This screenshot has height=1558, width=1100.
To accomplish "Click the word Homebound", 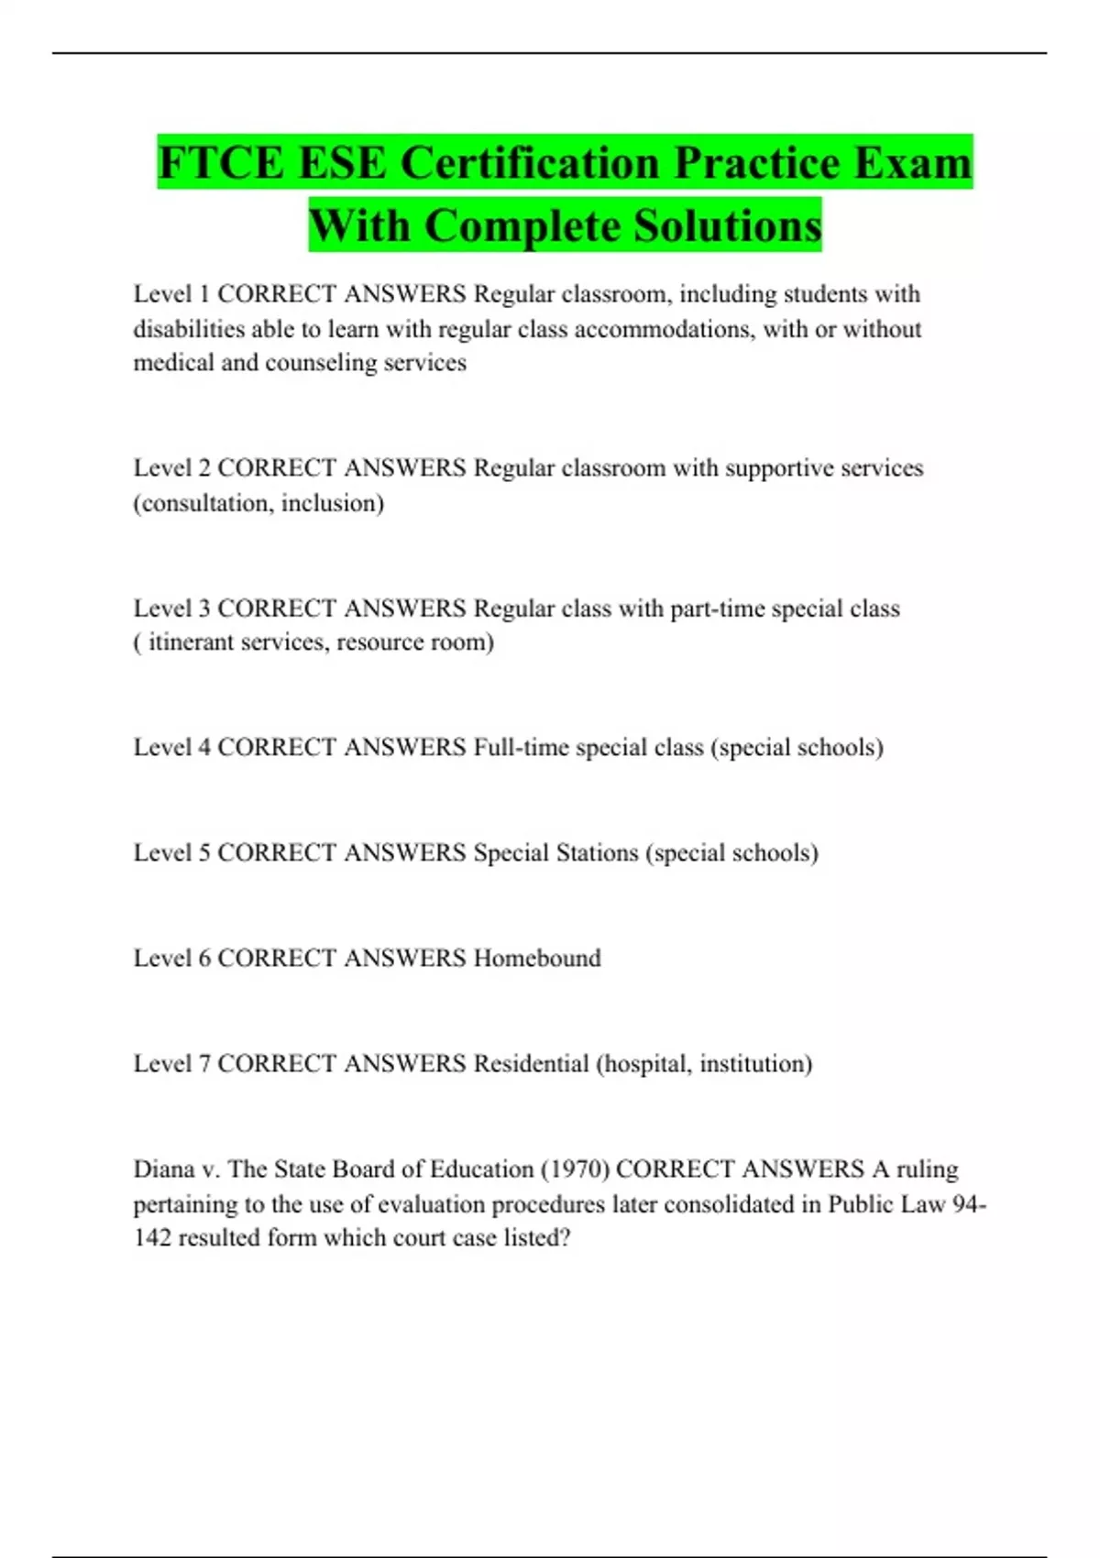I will [537, 958].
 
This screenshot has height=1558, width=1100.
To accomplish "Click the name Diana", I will [162, 1169].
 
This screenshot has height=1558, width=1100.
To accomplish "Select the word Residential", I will [531, 1063].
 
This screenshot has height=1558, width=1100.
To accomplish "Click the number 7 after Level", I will [204, 1063].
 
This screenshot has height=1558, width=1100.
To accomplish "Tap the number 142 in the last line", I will [152, 1238].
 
